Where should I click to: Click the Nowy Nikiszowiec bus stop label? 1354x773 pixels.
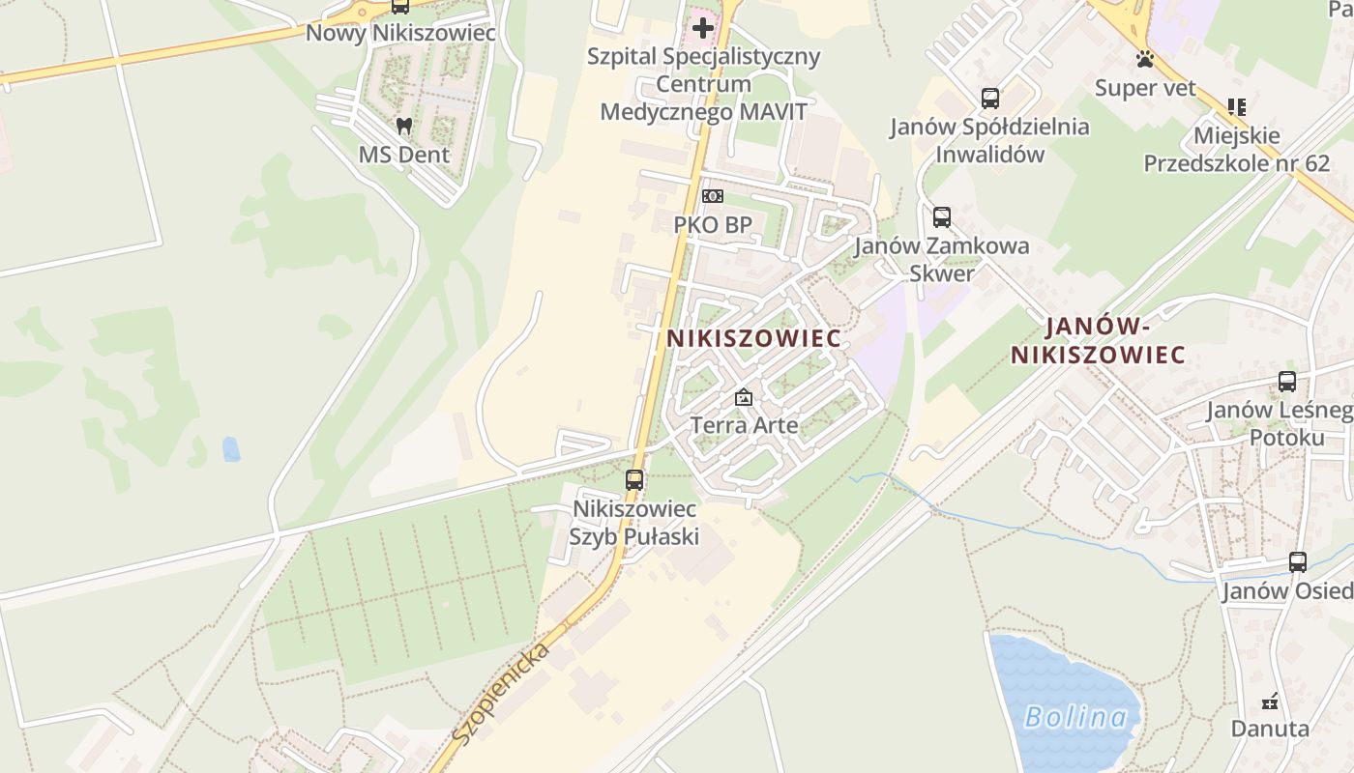pyautogui.click(x=400, y=33)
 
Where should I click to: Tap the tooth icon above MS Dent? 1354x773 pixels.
pyautogui.click(x=404, y=126)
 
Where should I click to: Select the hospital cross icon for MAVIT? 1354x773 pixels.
pyautogui.click(x=703, y=28)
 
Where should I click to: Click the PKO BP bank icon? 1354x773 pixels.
pyautogui.click(x=712, y=197)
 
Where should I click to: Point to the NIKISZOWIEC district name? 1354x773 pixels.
pyautogui.click(x=753, y=339)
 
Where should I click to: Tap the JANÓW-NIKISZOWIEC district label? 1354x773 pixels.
pyautogui.click(x=1099, y=341)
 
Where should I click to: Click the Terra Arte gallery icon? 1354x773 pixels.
pyautogui.click(x=743, y=397)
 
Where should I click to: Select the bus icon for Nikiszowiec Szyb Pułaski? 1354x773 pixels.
pyautogui.click(x=634, y=479)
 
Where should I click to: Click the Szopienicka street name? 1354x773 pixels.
pyautogui.click(x=501, y=693)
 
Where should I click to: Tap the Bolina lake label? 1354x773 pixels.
pyautogui.click(x=1075, y=717)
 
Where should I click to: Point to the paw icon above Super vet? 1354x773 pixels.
pyautogui.click(x=1146, y=60)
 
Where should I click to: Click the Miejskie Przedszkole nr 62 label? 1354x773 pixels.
pyautogui.click(x=1237, y=150)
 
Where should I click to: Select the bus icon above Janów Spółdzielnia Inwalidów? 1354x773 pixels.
pyautogui.click(x=989, y=99)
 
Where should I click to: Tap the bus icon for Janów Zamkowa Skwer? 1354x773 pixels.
pyautogui.click(x=942, y=217)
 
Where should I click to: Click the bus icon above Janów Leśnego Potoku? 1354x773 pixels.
pyautogui.click(x=1286, y=382)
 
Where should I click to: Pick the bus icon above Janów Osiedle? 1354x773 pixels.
pyautogui.click(x=1297, y=562)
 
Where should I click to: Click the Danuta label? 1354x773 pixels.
pyautogui.click(x=1270, y=729)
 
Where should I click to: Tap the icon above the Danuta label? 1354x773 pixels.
pyautogui.click(x=1271, y=701)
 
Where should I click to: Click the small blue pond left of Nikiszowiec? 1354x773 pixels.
pyautogui.click(x=231, y=449)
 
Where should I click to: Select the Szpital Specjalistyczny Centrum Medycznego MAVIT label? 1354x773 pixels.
pyautogui.click(x=703, y=84)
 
